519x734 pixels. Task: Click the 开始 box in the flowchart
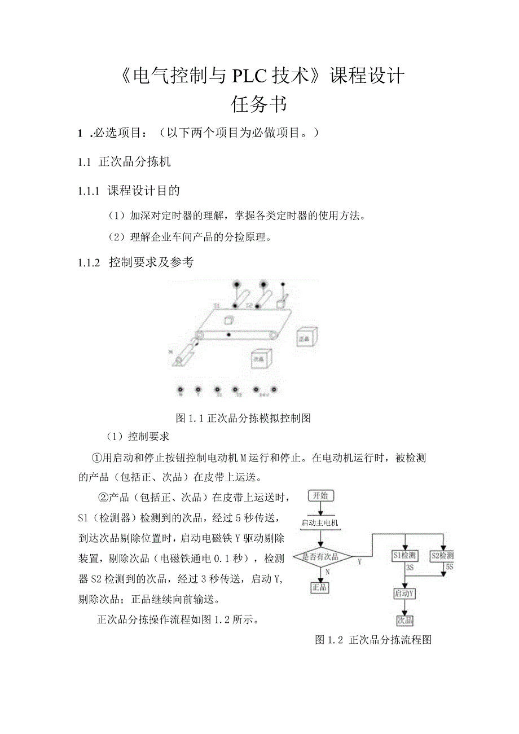tap(320, 496)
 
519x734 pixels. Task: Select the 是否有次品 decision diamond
tap(320, 557)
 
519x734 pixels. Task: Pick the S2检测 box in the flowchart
tap(442, 556)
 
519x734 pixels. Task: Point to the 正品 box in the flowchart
tap(320, 587)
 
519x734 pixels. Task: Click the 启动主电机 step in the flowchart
tap(320, 523)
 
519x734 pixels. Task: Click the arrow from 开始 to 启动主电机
tap(320, 508)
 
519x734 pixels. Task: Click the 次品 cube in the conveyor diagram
tap(261, 358)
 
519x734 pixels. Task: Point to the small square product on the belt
tap(229, 320)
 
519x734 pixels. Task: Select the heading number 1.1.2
tap(89, 262)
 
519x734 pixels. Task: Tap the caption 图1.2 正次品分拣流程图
tap(373, 640)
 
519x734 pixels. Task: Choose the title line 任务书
tap(259, 104)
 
